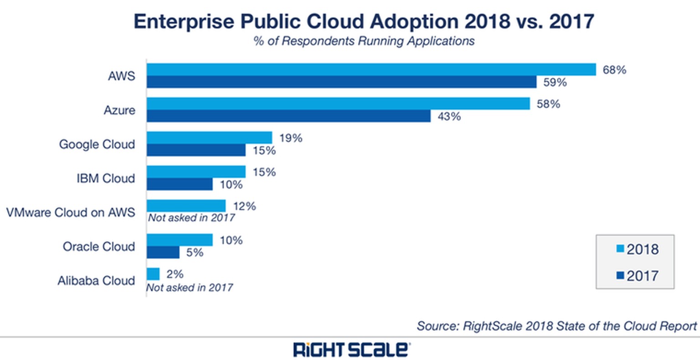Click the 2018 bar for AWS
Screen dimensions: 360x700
click(371, 69)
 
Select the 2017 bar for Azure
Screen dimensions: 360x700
click(288, 116)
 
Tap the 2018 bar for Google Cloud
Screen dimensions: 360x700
click(209, 138)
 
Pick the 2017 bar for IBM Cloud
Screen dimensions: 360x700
click(180, 184)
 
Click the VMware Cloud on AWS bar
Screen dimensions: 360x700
click(186, 206)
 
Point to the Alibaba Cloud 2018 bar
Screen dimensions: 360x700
click(153, 274)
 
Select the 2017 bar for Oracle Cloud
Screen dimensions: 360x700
click(163, 252)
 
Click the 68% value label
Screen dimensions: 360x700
click(614, 70)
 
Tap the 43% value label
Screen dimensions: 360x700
click(449, 117)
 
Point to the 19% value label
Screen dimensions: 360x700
click(291, 138)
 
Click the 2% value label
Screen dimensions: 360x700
click(175, 274)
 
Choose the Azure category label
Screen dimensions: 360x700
click(119, 110)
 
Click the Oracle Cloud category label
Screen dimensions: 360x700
click(99, 247)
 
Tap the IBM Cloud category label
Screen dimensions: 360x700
click(106, 178)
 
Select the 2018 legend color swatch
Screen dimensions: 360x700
click(620, 249)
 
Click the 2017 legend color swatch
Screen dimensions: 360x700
click(620, 275)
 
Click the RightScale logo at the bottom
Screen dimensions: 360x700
click(351, 350)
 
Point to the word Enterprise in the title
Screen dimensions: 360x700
click(183, 22)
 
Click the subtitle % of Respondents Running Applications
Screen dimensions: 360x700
click(364, 41)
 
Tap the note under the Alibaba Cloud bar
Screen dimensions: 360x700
click(190, 288)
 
